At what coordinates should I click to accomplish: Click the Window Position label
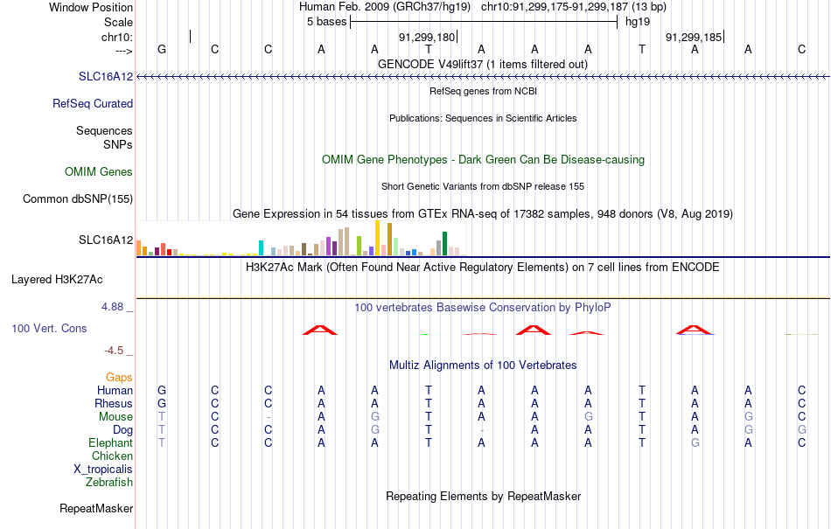pyautogui.click(x=91, y=7)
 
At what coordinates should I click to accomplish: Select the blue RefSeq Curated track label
pyautogui.click(x=92, y=104)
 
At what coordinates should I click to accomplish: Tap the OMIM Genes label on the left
pyautogui.click(x=99, y=171)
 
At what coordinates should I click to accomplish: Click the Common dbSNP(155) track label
pyautogui.click(x=77, y=199)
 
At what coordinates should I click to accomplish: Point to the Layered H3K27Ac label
pyautogui.click(x=57, y=280)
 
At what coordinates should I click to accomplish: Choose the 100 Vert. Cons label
pyautogui.click(x=49, y=328)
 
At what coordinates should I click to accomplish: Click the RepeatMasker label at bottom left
pyautogui.click(x=96, y=508)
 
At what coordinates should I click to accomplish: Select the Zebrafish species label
pyautogui.click(x=109, y=483)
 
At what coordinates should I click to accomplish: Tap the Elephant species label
pyautogui.click(x=110, y=442)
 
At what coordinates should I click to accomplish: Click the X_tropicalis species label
pyautogui.click(x=103, y=470)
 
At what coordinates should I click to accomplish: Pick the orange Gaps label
pyautogui.click(x=119, y=378)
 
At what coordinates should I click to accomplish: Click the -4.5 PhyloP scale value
pyautogui.click(x=114, y=351)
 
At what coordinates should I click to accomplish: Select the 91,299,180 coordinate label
pyautogui.click(x=427, y=37)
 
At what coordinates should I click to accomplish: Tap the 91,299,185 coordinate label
pyautogui.click(x=694, y=37)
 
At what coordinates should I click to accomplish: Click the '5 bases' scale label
pyautogui.click(x=326, y=22)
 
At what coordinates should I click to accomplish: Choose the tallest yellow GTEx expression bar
pyautogui.click(x=377, y=238)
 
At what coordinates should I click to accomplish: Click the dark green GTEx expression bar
pyautogui.click(x=444, y=244)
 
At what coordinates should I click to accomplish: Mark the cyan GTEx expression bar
pyautogui.click(x=261, y=247)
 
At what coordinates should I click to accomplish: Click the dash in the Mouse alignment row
pyautogui.click(x=269, y=417)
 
